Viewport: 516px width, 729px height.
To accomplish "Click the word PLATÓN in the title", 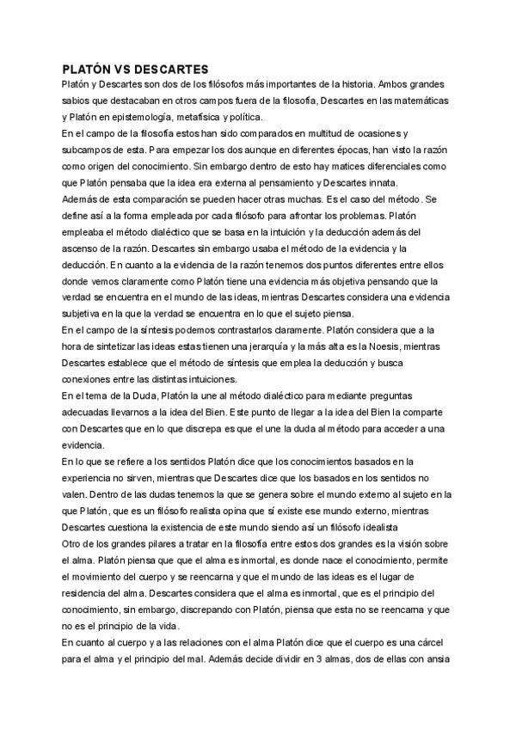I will pos(90,69).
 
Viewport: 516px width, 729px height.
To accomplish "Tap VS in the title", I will pos(132,69).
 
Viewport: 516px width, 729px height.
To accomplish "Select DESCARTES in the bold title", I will pos(178,69).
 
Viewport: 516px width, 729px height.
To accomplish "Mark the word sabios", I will pos(78,102).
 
